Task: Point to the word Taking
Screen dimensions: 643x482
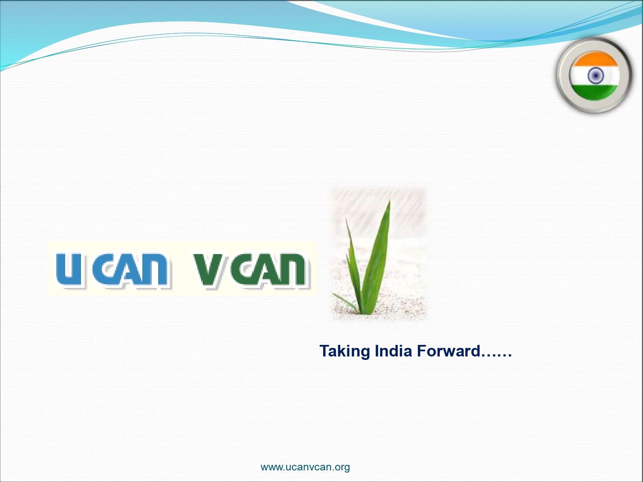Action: [x=345, y=351]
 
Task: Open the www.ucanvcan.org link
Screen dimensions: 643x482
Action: [x=305, y=467]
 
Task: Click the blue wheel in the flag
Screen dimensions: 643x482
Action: [x=595, y=75]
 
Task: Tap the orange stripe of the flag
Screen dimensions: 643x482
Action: [x=595, y=59]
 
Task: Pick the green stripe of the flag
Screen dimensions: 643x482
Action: [x=595, y=92]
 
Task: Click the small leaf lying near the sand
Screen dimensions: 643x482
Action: [x=345, y=302]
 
